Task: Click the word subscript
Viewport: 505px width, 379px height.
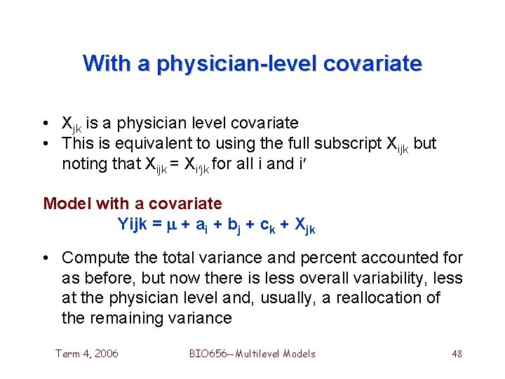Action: pos(347,144)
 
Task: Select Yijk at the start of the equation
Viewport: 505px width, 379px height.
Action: pos(133,225)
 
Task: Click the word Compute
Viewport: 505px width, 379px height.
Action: pos(94,258)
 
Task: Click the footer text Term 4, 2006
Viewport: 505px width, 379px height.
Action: pos(87,354)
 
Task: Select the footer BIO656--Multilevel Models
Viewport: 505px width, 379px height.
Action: pos(252,354)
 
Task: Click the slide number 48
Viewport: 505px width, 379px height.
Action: pos(457,354)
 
